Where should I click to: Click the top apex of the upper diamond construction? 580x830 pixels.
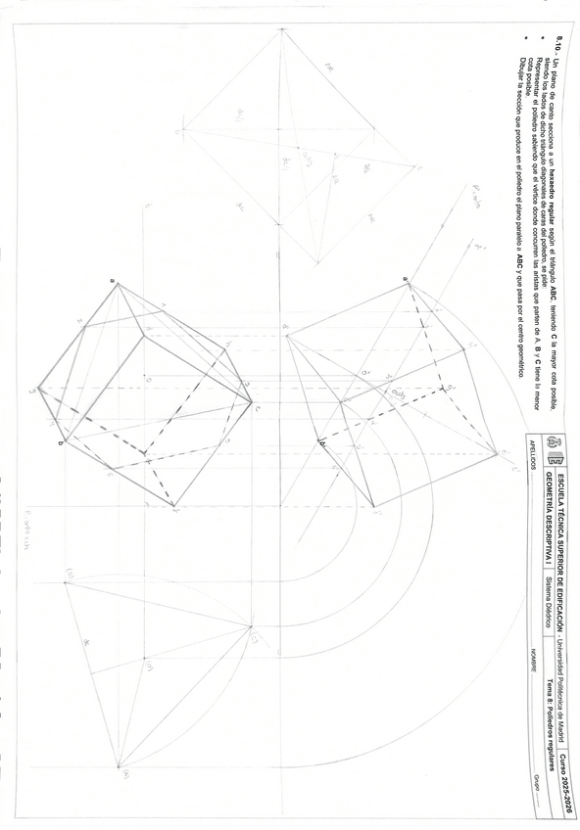tap(282, 29)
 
